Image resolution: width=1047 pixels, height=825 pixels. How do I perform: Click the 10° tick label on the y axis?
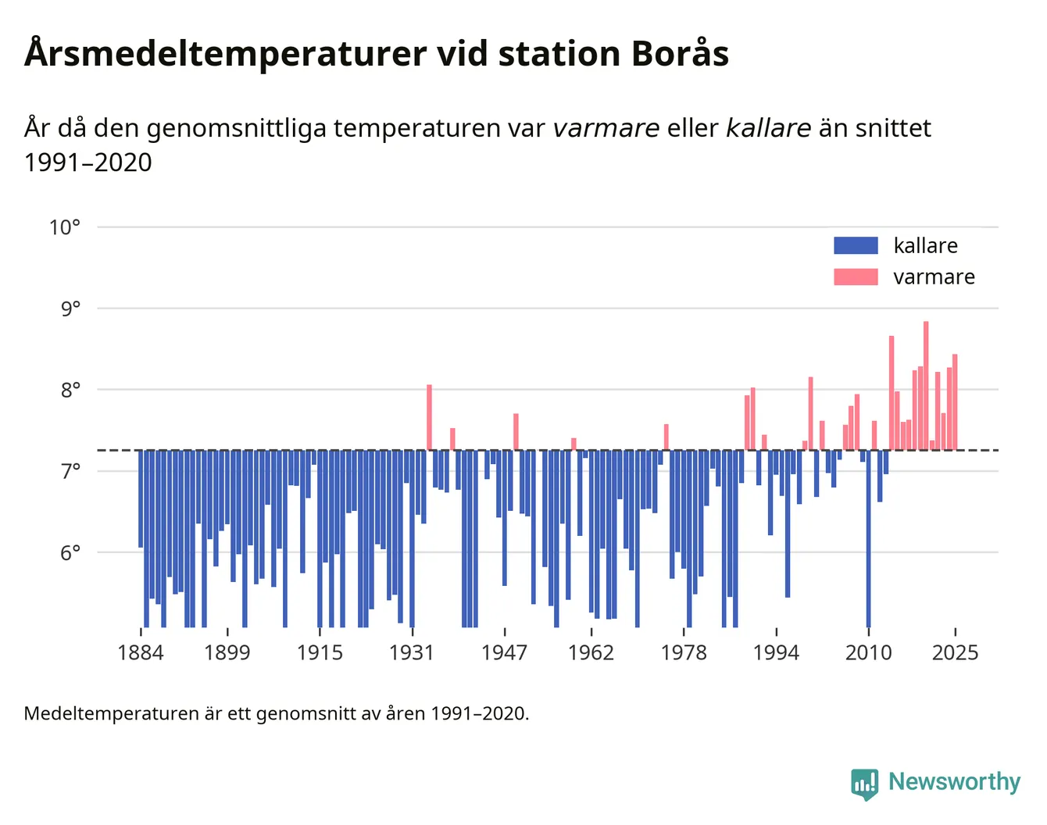65,227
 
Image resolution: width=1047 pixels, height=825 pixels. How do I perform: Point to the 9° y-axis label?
70,309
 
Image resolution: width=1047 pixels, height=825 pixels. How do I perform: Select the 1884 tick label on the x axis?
141,652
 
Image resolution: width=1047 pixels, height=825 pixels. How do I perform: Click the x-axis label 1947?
504,652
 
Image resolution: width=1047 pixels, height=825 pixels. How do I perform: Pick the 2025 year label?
955,652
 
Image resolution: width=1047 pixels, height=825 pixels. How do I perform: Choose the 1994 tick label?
776,652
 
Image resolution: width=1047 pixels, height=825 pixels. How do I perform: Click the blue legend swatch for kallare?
856,245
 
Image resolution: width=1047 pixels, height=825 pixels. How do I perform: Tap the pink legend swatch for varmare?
856,277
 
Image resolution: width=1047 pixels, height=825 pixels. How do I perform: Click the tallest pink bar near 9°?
926,386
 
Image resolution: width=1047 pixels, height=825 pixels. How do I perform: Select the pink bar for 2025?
955,402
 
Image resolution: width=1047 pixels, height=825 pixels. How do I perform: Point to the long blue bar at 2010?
868,539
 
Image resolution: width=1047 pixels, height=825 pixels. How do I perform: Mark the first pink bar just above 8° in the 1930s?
429,417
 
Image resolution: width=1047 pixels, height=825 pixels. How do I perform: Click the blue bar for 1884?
141,499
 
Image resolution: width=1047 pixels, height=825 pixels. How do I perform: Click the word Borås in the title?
681,52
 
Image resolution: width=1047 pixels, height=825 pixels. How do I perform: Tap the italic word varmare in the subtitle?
606,128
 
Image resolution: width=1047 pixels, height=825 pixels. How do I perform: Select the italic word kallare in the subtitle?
769,128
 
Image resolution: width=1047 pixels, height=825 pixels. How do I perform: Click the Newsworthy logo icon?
864,783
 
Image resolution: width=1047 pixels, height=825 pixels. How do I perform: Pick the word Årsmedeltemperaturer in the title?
225,53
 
